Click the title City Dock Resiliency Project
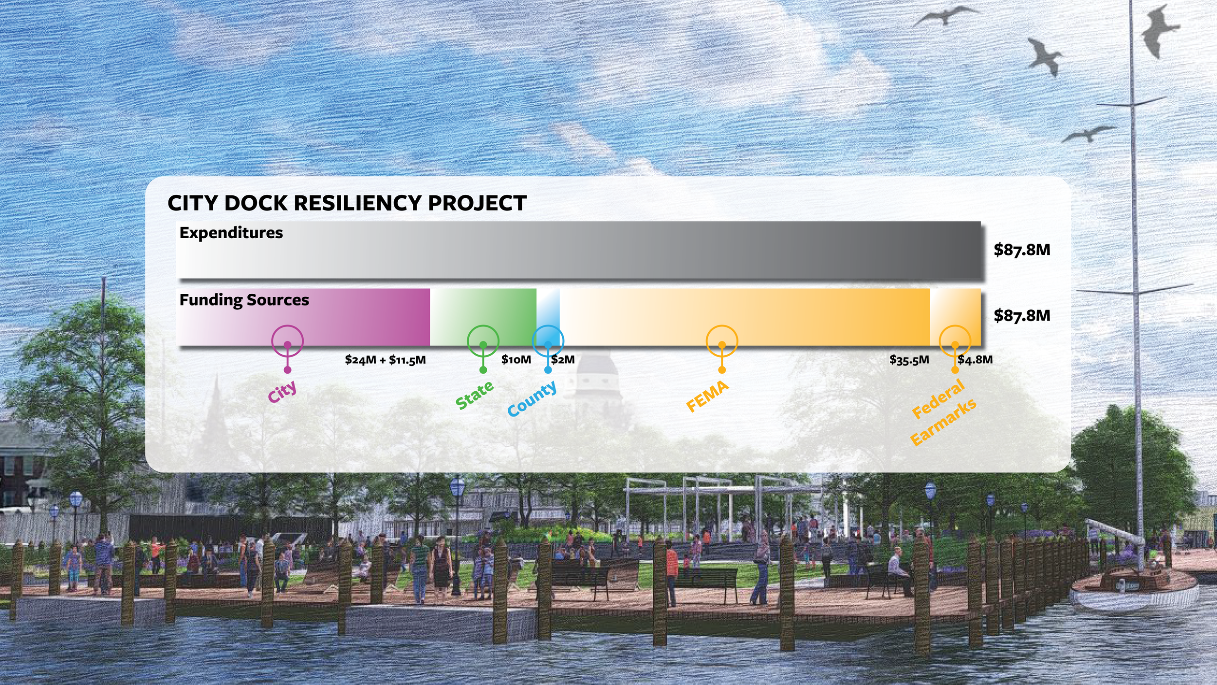(x=347, y=203)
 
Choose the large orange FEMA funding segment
(x=745, y=312)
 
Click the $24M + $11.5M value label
(x=385, y=360)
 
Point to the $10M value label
(x=516, y=360)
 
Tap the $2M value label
(x=563, y=360)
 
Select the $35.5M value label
(x=909, y=360)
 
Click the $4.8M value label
(x=975, y=360)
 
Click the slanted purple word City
(x=282, y=391)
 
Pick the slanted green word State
(x=474, y=395)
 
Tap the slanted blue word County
(x=532, y=399)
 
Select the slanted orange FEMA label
(x=707, y=396)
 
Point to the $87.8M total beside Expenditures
(x=1022, y=250)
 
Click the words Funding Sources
(x=244, y=300)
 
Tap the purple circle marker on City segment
(x=287, y=341)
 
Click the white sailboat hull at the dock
(x=1134, y=599)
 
